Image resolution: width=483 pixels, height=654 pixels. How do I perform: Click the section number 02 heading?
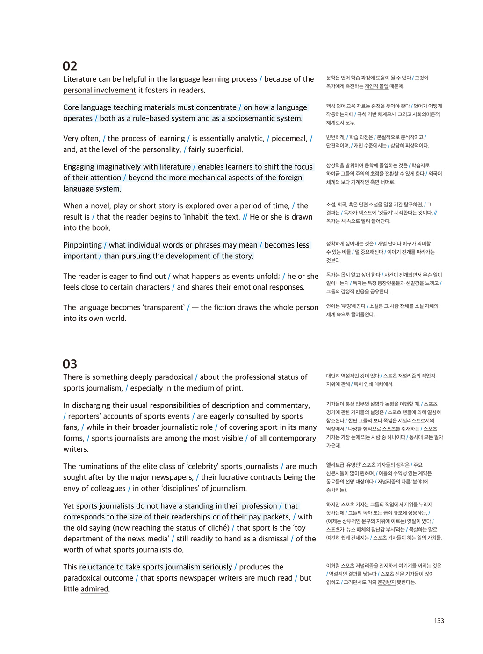tap(70, 66)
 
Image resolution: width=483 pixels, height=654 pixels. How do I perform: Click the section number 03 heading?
tap(70, 364)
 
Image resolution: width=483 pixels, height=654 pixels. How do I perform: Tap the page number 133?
tap(439, 621)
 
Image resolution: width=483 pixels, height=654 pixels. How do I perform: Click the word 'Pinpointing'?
tap(82, 245)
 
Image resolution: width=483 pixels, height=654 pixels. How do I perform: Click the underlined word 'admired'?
tap(94, 590)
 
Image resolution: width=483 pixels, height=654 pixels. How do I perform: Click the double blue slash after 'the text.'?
tap(245, 217)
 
